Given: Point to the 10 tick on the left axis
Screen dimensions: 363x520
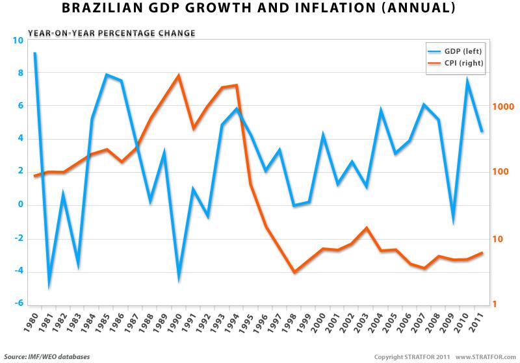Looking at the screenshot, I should tap(17, 40).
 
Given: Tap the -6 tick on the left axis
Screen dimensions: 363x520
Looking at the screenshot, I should tap(17, 304).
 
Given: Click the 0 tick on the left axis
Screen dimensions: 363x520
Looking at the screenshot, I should tap(20, 205).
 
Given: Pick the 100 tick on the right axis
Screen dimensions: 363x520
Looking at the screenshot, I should tap(502, 172).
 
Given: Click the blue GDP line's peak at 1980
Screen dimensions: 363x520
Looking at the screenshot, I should tap(34, 53).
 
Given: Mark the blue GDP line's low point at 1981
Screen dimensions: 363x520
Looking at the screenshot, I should tap(49, 286).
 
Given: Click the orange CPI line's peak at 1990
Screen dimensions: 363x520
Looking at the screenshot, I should tap(179, 75).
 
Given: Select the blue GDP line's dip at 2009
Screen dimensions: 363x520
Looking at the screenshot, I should tap(453, 221).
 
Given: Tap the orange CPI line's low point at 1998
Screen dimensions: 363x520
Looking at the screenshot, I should tap(294, 272).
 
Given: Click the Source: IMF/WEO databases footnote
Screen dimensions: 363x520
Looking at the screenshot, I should tap(47, 357).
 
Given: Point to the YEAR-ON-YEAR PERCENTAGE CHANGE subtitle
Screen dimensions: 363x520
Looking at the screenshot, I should tap(110, 32).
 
